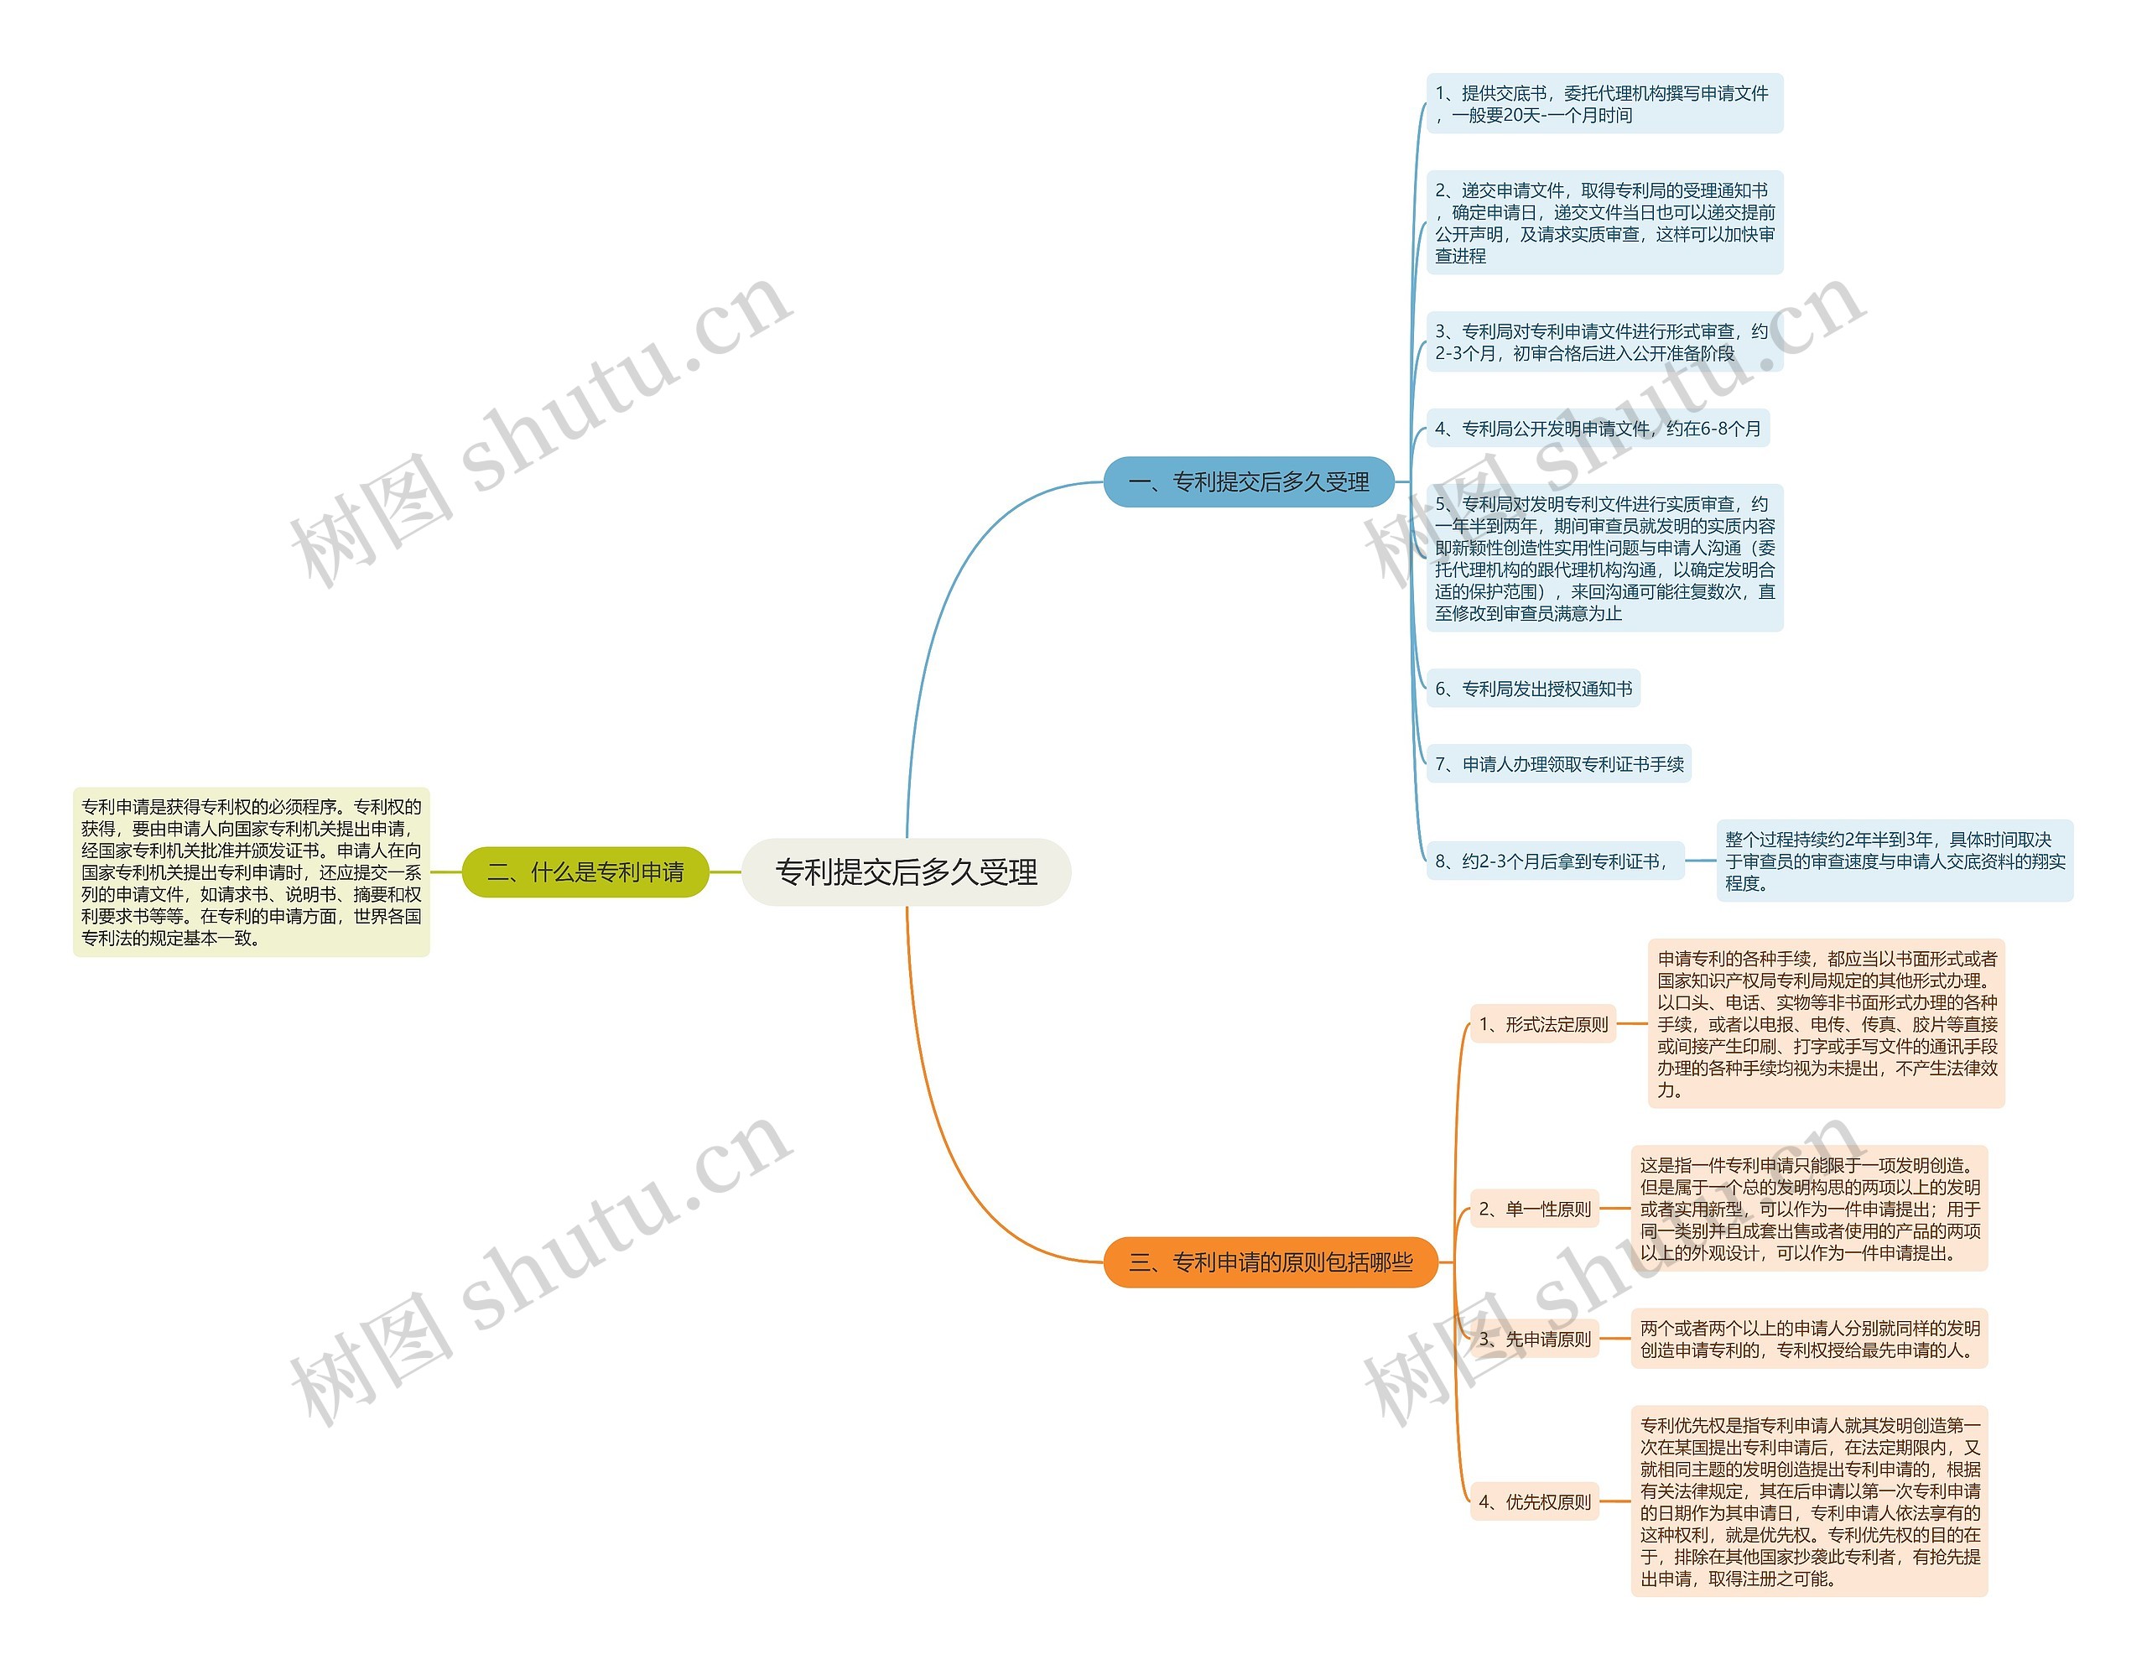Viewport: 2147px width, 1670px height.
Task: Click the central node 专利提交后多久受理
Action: pos(906,871)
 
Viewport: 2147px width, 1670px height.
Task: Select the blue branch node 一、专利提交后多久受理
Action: pos(1249,481)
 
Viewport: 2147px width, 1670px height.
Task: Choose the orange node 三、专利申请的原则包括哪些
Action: pos(1270,1262)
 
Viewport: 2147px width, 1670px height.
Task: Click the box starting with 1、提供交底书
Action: pos(1604,104)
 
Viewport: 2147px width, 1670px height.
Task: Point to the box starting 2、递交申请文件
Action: pos(1604,223)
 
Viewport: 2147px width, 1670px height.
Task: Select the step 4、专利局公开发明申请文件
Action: pos(1597,429)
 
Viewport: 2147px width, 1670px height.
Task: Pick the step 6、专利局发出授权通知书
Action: pos(1532,689)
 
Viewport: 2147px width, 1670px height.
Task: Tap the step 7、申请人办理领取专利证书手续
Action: pos(1558,764)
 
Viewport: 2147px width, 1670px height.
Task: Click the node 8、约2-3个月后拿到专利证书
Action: pos(1554,861)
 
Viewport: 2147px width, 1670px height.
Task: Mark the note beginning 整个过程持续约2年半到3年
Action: pos(1894,861)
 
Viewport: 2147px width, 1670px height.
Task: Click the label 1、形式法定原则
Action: pos(1542,1024)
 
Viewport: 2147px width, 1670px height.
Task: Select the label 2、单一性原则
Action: pos(1534,1209)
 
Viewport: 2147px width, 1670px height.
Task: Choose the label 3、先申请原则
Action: pos(1534,1339)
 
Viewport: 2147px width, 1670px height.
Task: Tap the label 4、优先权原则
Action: pos(1534,1502)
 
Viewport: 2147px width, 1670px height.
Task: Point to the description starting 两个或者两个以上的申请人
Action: pos(1809,1339)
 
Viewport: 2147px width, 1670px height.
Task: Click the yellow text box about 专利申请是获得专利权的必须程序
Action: pos(252,871)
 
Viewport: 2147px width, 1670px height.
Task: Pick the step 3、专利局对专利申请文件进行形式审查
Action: pos(1604,342)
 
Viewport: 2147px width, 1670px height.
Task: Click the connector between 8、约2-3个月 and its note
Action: pos(1700,861)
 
